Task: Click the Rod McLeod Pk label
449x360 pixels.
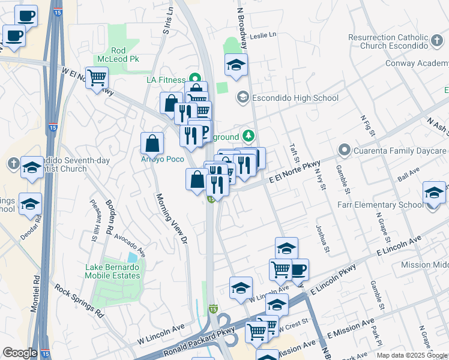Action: point(118,55)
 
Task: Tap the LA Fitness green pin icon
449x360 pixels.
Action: point(194,79)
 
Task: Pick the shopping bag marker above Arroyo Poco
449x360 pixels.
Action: point(152,143)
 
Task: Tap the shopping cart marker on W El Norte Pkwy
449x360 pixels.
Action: point(97,77)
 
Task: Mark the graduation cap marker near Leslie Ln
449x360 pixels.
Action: point(237,64)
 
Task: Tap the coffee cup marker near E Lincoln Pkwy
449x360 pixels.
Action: point(298,269)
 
